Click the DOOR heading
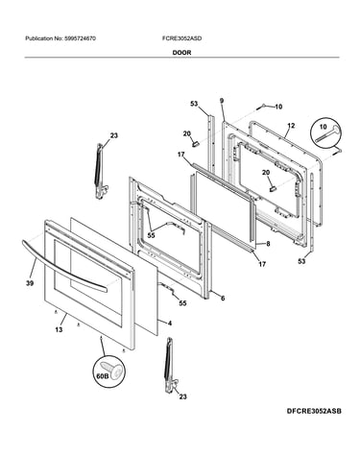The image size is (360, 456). click(x=181, y=53)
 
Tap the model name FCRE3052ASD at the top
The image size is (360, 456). click(x=181, y=38)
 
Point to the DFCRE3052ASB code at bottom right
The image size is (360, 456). click(x=314, y=411)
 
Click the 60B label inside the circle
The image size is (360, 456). click(x=103, y=376)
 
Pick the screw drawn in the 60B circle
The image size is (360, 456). click(x=111, y=372)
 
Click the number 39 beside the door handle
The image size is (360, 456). click(x=30, y=283)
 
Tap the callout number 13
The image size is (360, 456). click(x=59, y=329)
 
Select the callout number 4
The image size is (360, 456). click(x=170, y=324)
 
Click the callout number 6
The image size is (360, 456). click(x=223, y=299)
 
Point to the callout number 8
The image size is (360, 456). click(x=268, y=244)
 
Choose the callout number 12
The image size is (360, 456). click(x=291, y=126)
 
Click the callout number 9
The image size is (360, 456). click(x=222, y=101)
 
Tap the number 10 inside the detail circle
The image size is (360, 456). click(x=324, y=127)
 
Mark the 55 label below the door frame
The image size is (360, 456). click(x=182, y=303)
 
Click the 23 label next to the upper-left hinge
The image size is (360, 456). click(x=114, y=135)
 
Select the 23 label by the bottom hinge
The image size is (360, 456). click(x=182, y=396)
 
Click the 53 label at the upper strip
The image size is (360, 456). click(x=194, y=104)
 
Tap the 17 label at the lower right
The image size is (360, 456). click(x=262, y=264)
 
